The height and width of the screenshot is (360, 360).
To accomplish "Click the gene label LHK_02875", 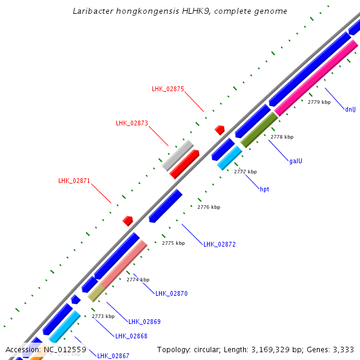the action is pos(168,89).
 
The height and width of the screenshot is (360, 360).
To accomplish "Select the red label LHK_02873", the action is pos(132,123).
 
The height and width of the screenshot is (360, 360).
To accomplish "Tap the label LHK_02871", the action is pos(74,181).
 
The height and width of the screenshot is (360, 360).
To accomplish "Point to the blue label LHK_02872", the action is pos(220,244).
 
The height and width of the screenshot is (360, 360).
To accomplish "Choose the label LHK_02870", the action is pos(172,293).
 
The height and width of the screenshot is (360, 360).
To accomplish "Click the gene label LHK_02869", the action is pos(145,322).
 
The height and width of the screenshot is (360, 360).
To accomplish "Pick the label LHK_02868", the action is pos(131,336).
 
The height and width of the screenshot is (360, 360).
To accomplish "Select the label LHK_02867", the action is pos(113,356).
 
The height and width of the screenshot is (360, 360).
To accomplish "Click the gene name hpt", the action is pos(265,189).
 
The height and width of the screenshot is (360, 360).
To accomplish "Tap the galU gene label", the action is pos(296,161).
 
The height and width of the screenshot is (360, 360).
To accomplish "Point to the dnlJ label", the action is pos(350,109).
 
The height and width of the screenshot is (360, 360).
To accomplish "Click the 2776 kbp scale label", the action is pos(209,207).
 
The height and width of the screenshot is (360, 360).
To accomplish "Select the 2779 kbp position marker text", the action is pos(319,102).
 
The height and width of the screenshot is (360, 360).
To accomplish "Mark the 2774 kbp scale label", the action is pos(138,280).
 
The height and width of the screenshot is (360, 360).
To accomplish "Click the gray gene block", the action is pos(178,155).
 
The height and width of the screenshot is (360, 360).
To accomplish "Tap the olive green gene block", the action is pos(259,130).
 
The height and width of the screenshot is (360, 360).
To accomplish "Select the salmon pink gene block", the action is pos(124,265).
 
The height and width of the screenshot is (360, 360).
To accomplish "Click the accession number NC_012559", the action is pos(65,349).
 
